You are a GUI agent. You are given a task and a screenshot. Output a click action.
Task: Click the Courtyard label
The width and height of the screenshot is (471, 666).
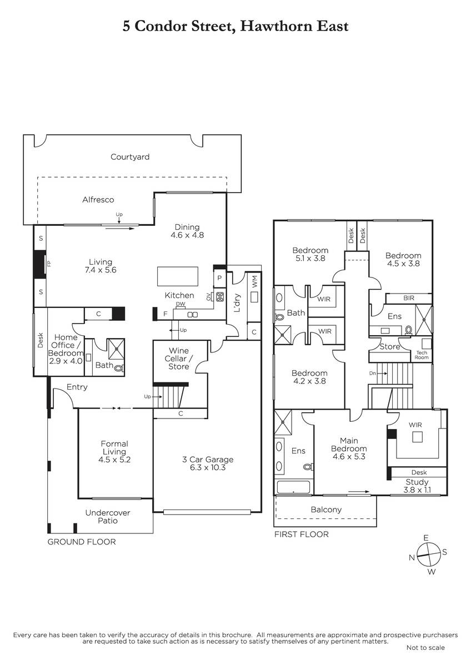(x=130, y=157)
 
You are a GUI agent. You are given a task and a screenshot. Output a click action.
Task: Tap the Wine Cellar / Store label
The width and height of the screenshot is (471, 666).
(x=178, y=359)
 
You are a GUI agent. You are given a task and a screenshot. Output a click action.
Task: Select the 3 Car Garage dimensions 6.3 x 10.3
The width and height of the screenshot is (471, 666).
(x=208, y=467)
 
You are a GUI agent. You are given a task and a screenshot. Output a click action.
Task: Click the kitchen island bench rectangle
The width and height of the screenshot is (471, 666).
(x=178, y=276)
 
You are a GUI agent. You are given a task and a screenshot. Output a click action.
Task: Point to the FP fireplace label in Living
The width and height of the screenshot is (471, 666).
(x=49, y=264)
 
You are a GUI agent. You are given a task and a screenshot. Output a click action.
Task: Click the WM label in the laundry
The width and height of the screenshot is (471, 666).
(x=255, y=282)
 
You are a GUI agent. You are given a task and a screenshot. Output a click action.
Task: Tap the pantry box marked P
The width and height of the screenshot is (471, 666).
(x=219, y=278)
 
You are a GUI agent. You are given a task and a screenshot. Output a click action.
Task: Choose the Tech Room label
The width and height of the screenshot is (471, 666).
(x=422, y=355)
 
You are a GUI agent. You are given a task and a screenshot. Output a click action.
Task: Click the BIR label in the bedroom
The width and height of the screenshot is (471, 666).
(x=409, y=298)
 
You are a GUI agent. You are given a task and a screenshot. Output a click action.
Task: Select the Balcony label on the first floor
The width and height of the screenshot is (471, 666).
(x=326, y=509)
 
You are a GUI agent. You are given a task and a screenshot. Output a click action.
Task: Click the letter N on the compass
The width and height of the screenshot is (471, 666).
(x=412, y=557)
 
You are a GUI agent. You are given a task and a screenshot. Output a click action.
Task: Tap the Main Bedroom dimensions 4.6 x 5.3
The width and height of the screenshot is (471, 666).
(x=349, y=456)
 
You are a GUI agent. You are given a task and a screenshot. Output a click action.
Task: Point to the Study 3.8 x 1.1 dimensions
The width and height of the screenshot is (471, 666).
(x=417, y=490)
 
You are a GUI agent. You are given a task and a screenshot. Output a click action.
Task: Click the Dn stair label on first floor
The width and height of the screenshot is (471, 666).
(x=373, y=373)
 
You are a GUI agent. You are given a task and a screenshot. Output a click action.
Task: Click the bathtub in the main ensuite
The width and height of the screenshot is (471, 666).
(x=293, y=487)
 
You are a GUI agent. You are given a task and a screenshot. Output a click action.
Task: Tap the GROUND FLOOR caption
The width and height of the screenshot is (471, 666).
(x=82, y=542)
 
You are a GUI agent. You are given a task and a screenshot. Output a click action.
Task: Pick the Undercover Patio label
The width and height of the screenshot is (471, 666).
(x=108, y=517)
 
